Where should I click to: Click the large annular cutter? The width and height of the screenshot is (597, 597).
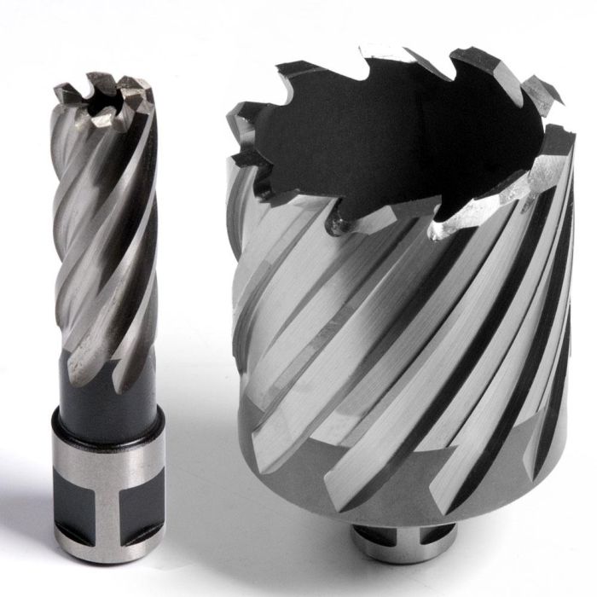401,324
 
